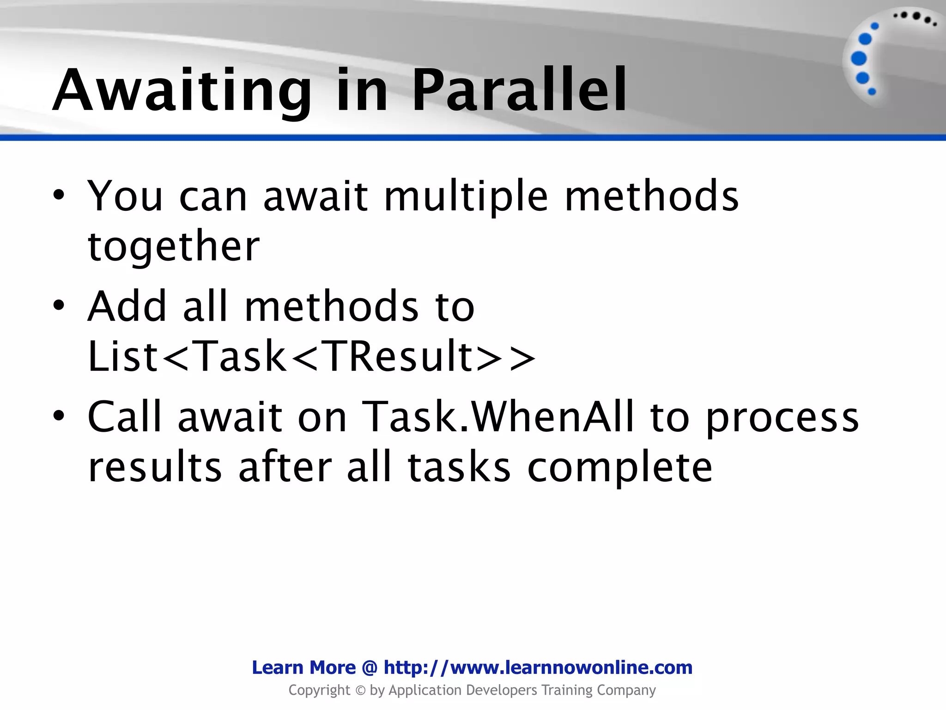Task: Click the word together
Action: [x=174, y=246]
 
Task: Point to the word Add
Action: [x=127, y=306]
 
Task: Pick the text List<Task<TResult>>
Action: [x=312, y=356]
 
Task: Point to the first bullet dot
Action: [x=58, y=196]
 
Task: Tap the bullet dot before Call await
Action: [x=58, y=416]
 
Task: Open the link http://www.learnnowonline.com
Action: [x=538, y=667]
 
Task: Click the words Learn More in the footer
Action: [x=303, y=667]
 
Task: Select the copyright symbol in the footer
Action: [x=360, y=691]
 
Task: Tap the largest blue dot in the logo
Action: [x=859, y=59]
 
